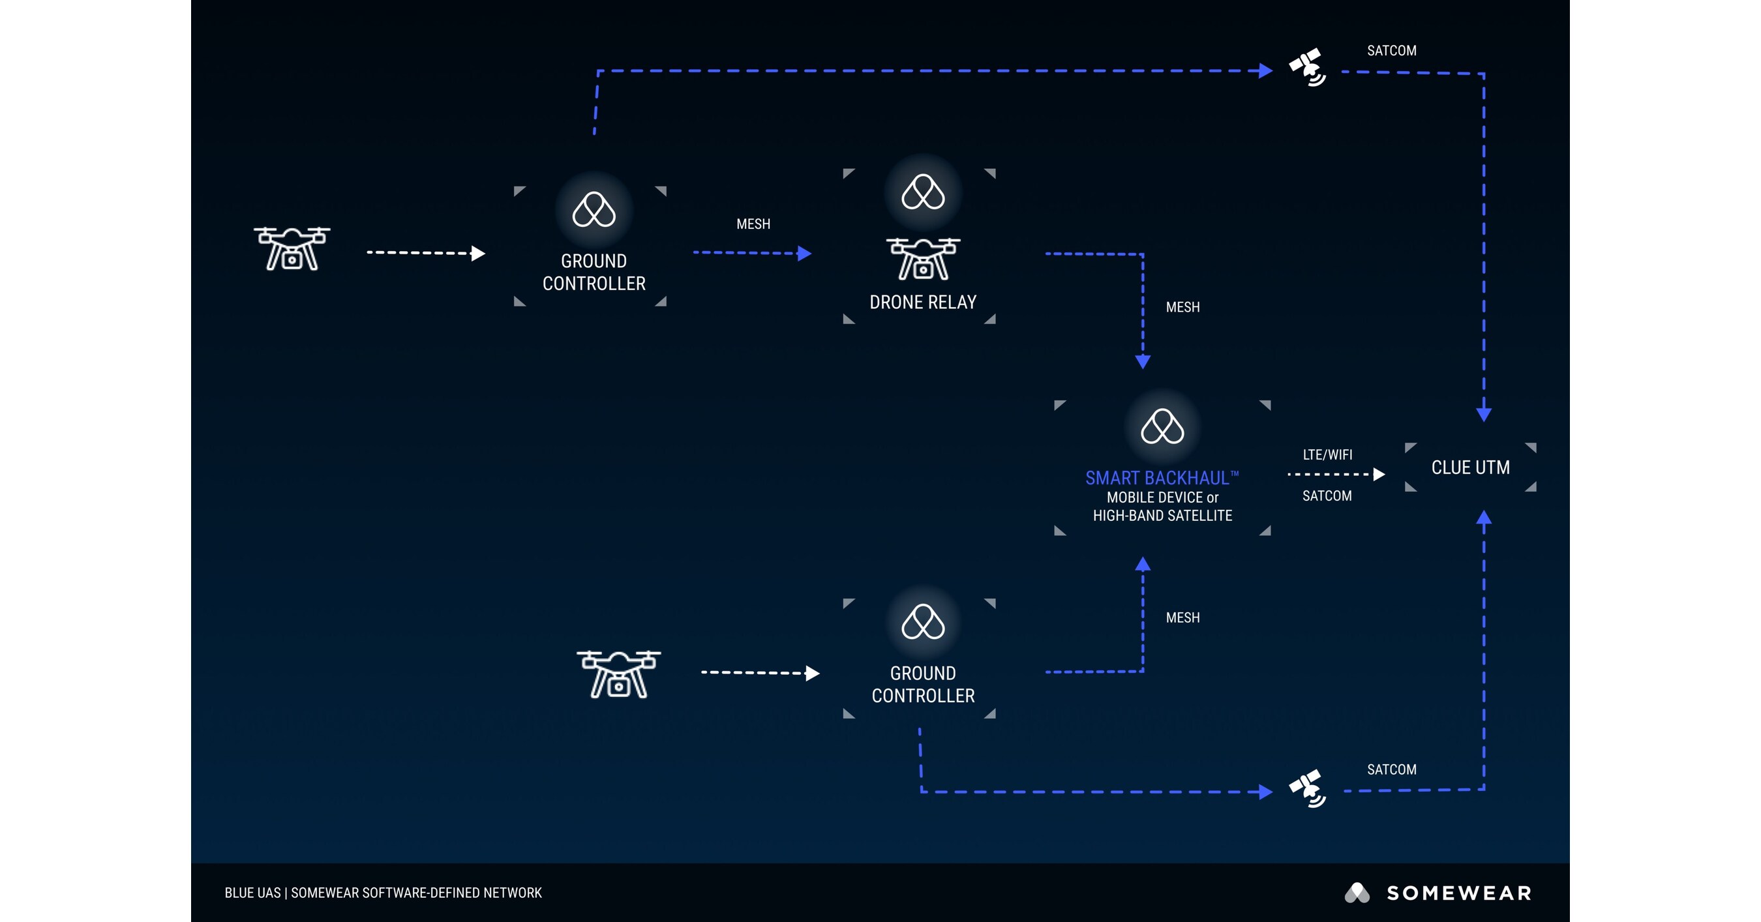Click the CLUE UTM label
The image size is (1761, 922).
click(x=1471, y=468)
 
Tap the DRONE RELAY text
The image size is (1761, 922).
click(x=923, y=302)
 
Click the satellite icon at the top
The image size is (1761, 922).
click(x=1307, y=67)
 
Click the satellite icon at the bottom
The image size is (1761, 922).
click(x=1307, y=789)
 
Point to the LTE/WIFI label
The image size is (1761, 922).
click(x=1327, y=454)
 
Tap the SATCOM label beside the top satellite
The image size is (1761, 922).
click(x=1391, y=51)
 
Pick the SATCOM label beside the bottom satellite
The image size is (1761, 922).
click(x=1391, y=769)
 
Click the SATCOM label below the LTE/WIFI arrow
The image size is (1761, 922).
click(x=1327, y=496)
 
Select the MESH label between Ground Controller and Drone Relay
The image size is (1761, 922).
click(x=753, y=224)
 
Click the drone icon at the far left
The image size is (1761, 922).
click(x=292, y=249)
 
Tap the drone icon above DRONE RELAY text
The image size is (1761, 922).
click(x=923, y=259)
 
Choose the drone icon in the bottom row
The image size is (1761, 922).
click(x=619, y=674)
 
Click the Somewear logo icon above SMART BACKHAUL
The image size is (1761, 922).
click(x=1162, y=426)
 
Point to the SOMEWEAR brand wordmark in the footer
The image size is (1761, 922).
click(x=1459, y=893)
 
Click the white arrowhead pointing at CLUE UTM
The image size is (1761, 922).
click(x=1379, y=474)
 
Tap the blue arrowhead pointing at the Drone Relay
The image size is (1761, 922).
click(x=805, y=254)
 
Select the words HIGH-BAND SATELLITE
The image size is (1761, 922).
click(x=1162, y=516)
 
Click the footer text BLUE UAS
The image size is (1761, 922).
click(x=252, y=893)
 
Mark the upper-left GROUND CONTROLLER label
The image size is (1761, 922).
click(x=594, y=272)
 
